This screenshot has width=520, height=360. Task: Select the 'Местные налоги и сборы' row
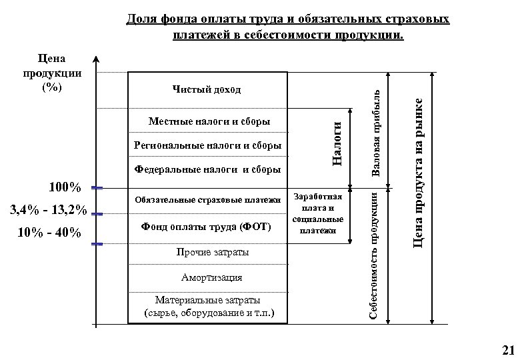208,122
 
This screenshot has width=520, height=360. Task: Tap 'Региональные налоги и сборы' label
207,145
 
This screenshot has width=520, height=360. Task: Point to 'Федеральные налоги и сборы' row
207,169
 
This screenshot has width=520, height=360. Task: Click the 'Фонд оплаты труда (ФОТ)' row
207,227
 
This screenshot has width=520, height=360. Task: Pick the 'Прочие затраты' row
207,253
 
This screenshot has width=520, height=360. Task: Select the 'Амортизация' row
207,277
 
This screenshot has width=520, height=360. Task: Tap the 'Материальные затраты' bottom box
207,305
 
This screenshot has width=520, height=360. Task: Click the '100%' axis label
65,187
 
